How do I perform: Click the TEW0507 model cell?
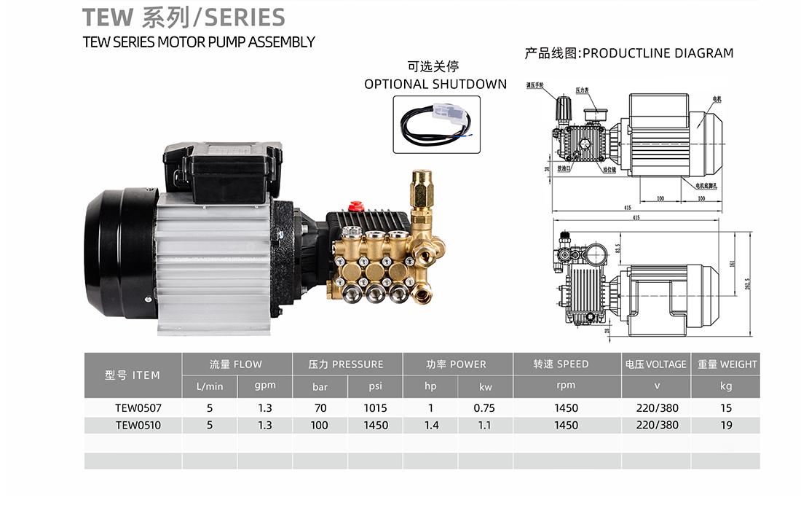133,408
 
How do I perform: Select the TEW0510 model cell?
133,425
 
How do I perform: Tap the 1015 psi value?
375,408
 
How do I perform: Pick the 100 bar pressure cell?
319,425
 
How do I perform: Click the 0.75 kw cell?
484,408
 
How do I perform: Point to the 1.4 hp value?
431,425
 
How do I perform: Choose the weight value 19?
725,425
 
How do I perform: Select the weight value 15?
725,408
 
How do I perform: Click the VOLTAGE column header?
655,364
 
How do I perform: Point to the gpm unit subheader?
264,386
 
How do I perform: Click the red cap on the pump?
357,206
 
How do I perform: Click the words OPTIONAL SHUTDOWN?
435,84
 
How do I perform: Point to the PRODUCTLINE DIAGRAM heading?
658,52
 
